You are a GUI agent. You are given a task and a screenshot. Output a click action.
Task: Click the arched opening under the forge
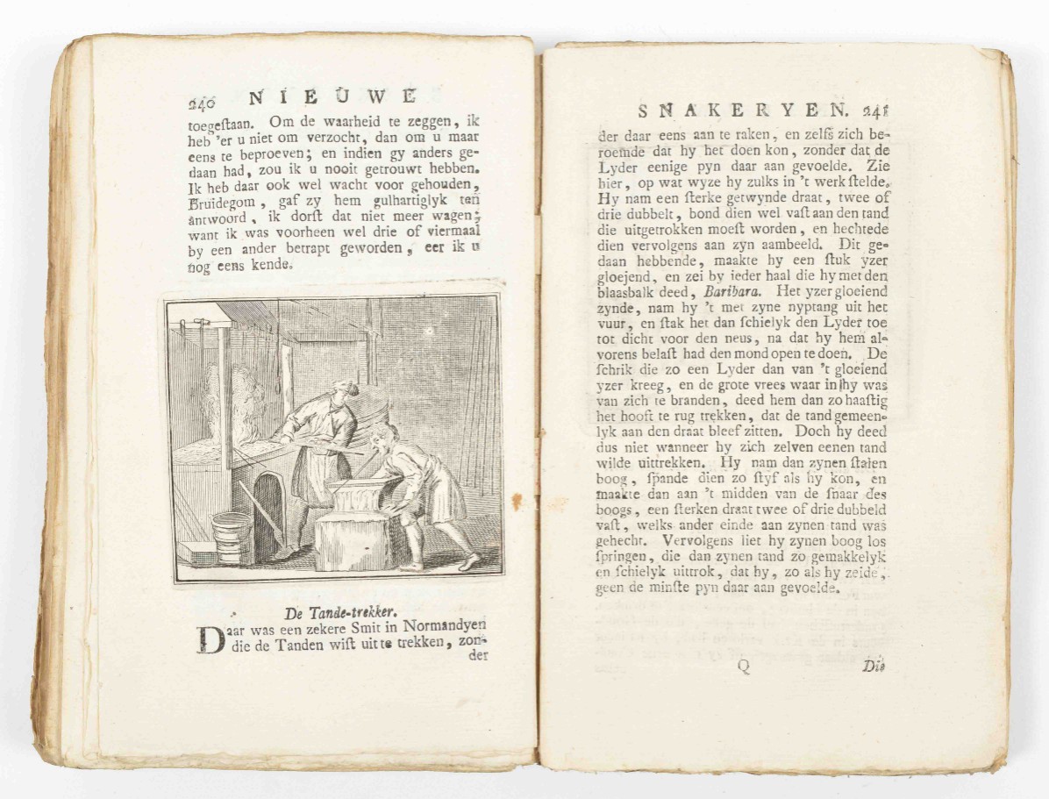click(268, 509)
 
